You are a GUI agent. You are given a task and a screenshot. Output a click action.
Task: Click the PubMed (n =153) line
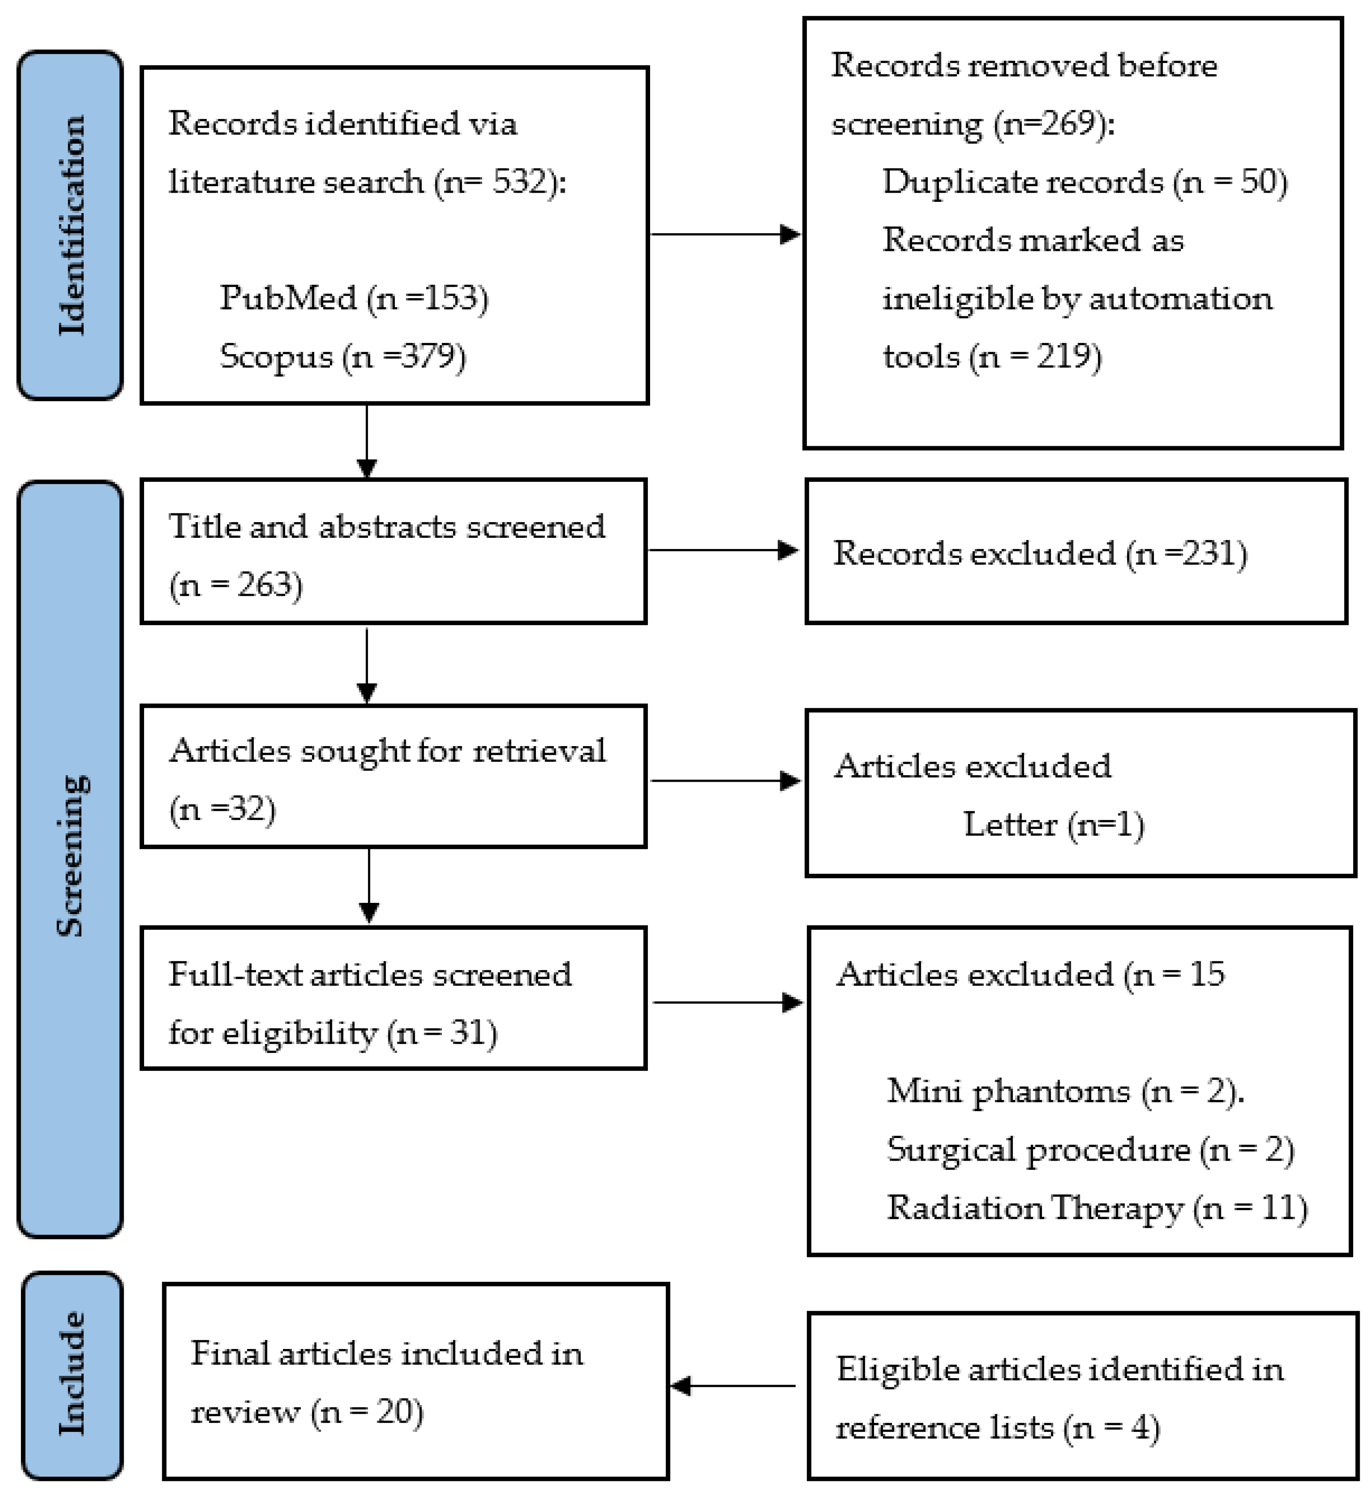(x=354, y=298)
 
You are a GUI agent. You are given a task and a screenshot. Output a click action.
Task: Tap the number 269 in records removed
(x=1069, y=123)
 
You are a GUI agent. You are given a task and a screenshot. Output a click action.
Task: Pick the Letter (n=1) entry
(x=1053, y=824)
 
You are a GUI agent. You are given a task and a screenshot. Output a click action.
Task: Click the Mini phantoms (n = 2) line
(x=1065, y=1090)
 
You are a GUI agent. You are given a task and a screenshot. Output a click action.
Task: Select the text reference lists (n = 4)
(x=997, y=1428)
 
